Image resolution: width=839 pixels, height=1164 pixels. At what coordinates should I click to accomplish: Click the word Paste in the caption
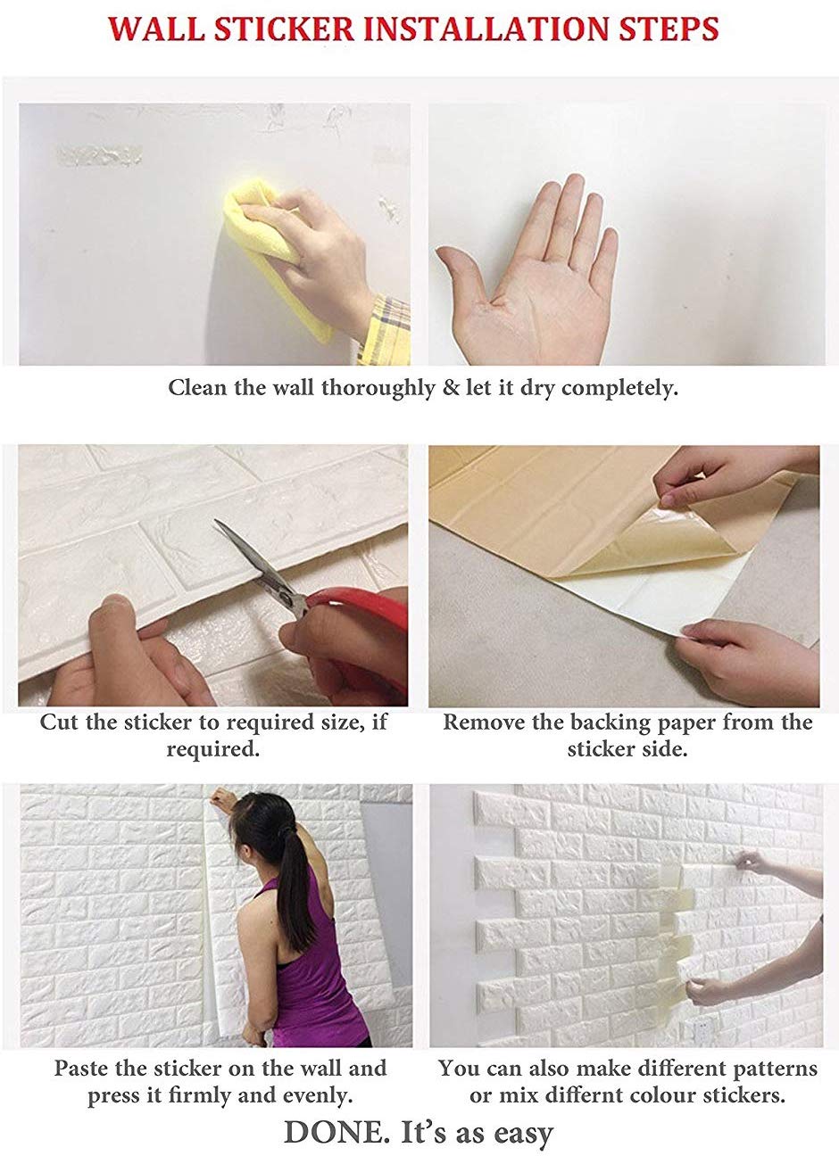(83, 1068)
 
